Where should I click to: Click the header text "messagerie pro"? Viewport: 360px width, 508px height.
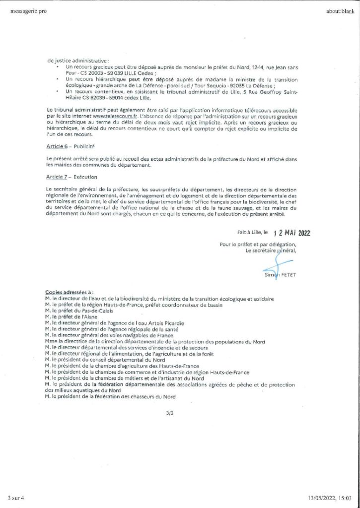[28, 11]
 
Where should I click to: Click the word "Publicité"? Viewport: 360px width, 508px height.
[84, 147]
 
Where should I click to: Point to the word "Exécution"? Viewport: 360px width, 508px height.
[85, 177]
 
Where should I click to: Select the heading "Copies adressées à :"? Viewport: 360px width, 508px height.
[70, 293]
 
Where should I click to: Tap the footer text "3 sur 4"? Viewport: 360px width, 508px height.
[19, 497]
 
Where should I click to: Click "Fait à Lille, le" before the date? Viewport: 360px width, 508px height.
[252, 232]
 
